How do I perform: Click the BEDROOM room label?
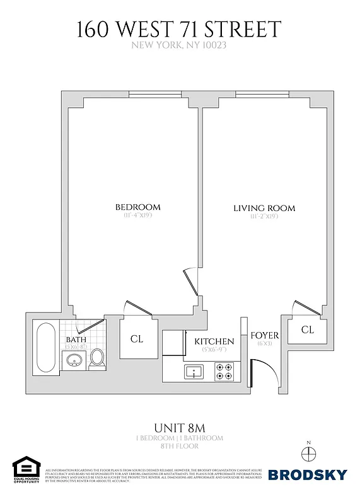(x=137, y=207)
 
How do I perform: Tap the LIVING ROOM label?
(x=264, y=208)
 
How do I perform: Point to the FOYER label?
(x=264, y=335)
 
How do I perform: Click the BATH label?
(x=76, y=340)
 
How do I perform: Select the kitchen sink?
(x=193, y=371)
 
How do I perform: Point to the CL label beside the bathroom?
(x=137, y=339)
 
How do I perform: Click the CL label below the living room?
(x=307, y=329)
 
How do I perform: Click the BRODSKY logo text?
(x=308, y=474)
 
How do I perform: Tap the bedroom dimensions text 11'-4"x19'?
(x=137, y=216)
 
